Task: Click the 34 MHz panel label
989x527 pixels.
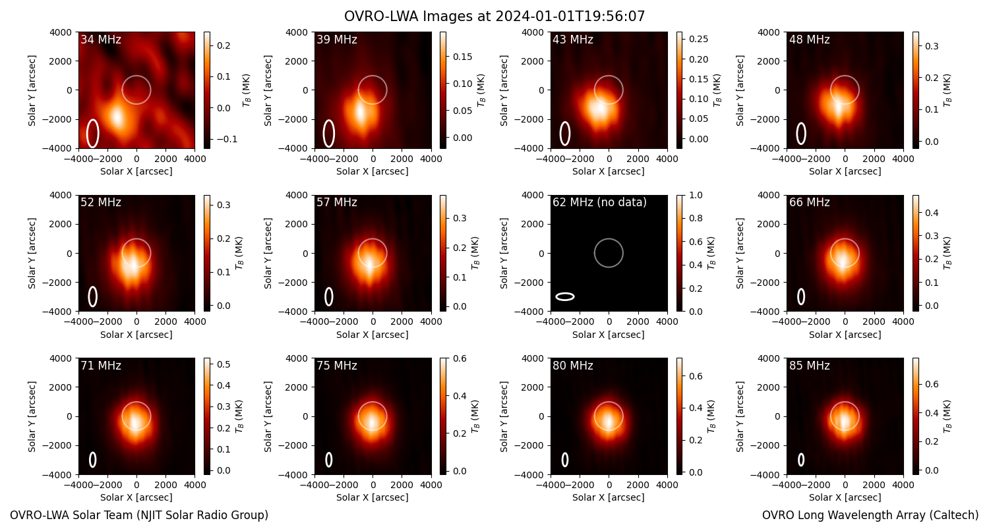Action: [101, 40]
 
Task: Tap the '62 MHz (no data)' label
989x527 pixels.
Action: [599, 202]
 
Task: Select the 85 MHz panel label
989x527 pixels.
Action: [809, 366]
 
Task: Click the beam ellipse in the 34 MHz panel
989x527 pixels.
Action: [92, 133]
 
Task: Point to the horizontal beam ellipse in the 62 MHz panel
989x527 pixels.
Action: [564, 297]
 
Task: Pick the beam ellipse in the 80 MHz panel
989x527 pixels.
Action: [564, 460]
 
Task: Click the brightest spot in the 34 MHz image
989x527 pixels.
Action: [117, 117]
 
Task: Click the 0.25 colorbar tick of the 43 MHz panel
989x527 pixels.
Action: [698, 40]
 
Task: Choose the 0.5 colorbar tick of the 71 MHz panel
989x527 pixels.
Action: [224, 364]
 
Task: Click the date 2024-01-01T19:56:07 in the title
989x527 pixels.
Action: [570, 16]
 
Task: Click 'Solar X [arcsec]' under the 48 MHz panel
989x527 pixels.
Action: [845, 171]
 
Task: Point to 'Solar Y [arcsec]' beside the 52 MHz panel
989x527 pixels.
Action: [32, 254]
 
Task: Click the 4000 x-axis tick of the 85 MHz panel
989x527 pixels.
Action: [903, 485]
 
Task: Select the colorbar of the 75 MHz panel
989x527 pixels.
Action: [443, 416]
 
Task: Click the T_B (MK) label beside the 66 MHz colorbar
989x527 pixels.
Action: [947, 254]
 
